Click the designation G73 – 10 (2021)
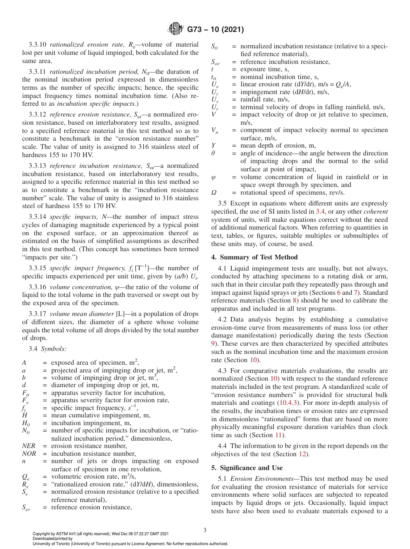215,30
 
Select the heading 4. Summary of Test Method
254,257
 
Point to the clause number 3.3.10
38,44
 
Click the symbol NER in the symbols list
29,446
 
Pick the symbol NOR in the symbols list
29,454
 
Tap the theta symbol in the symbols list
213,153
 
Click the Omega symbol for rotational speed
214,192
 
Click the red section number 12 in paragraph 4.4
303,454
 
